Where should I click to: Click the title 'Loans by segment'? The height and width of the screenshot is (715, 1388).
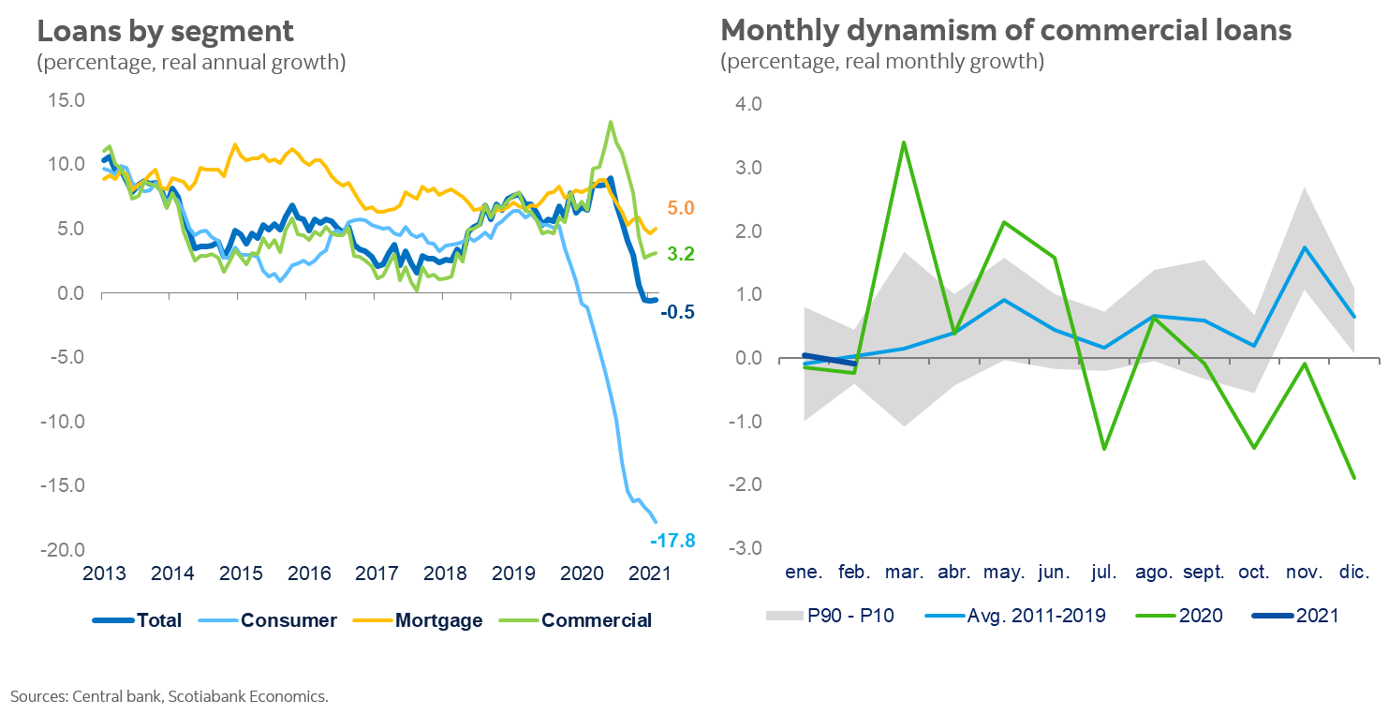pos(165,31)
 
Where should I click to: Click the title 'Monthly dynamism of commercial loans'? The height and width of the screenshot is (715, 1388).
pos(1006,31)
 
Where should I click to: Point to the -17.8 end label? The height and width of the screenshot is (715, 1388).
pos(672,540)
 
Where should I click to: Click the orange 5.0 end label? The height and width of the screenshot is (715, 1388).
pos(681,208)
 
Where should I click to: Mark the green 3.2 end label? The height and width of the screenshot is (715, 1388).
pos(681,254)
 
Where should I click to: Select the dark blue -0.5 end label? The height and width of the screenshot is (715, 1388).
pos(677,313)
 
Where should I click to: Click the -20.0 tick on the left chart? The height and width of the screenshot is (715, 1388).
pos(61,550)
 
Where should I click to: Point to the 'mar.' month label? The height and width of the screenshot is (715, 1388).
pos(904,573)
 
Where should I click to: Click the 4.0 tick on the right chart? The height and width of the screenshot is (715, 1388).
pos(748,104)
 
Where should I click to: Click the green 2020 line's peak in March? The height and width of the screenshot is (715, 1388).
pos(903,142)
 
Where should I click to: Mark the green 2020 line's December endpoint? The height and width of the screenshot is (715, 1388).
pos(1354,478)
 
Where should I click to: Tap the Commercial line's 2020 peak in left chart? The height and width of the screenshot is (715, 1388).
pos(611,122)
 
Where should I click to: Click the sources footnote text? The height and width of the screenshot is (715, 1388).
pos(170,695)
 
